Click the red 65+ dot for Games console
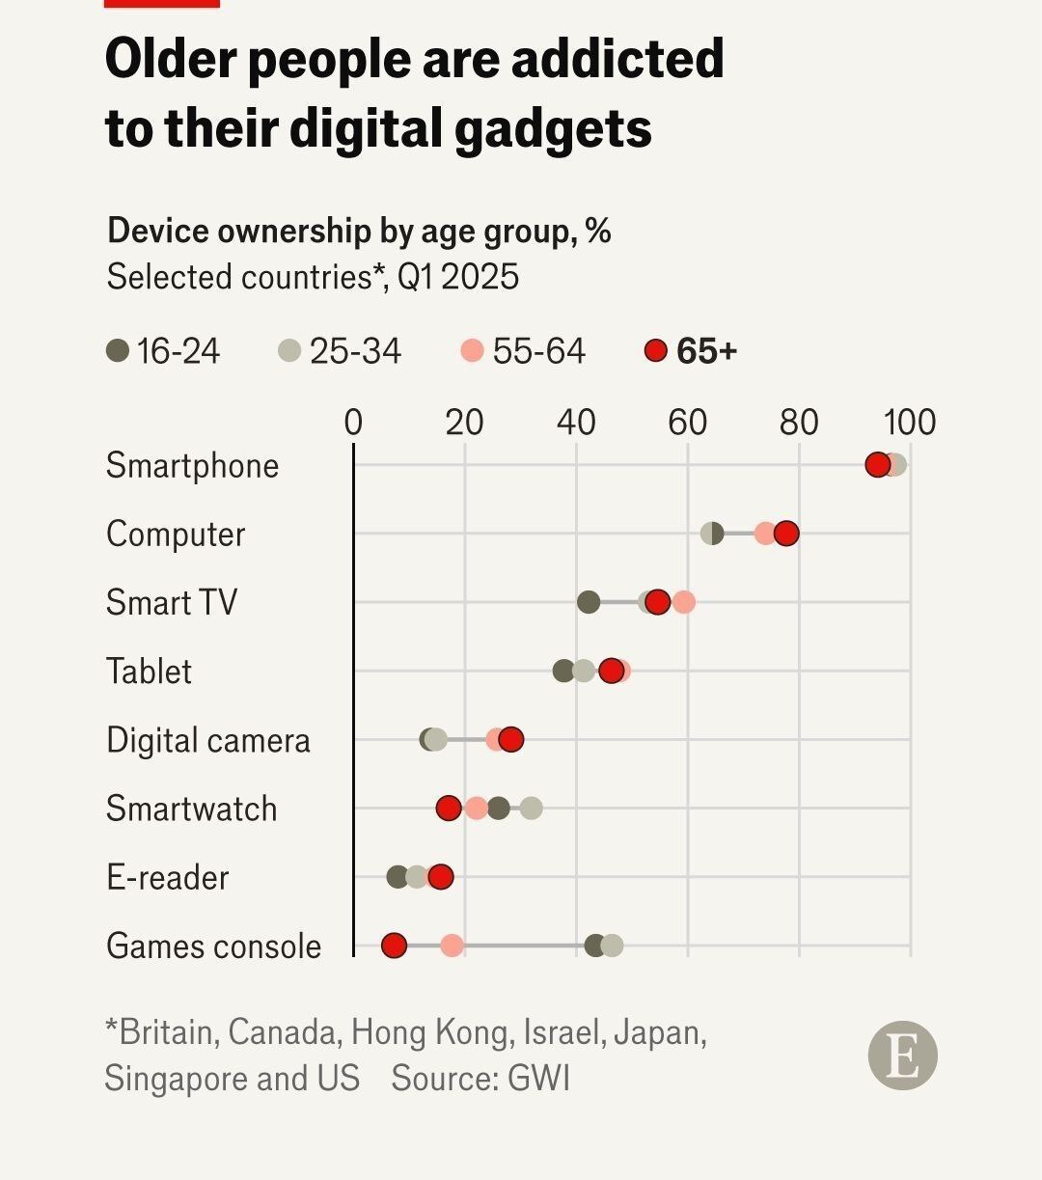[x=394, y=946]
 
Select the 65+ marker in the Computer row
[x=786, y=534]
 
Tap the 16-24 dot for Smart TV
[x=589, y=602]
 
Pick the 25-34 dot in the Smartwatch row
[x=531, y=809]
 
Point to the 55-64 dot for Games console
[x=452, y=946]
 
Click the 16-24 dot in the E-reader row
[x=398, y=877]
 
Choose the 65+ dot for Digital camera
[x=511, y=740]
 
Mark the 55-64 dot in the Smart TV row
[x=683, y=602]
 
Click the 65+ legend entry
[x=691, y=351]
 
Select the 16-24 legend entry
[x=164, y=351]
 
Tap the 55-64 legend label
[x=538, y=351]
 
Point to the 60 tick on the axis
[x=688, y=423]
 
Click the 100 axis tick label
[x=910, y=423]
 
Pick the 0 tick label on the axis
[x=353, y=423]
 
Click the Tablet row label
[x=150, y=672]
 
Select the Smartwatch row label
[x=192, y=809]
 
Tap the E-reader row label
[x=168, y=878]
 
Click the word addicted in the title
[x=617, y=60]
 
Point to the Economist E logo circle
[x=903, y=1056]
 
